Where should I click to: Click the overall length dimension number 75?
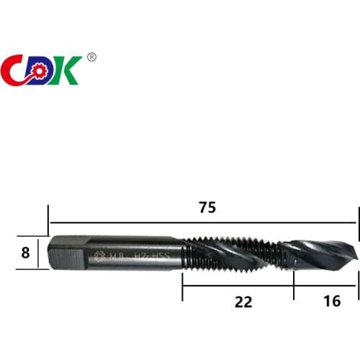click(x=207, y=207)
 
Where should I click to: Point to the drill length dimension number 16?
click(x=332, y=302)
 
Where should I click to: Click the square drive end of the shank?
click(x=63, y=253)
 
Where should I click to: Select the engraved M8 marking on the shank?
click(x=117, y=254)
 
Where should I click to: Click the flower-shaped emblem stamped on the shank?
click(x=99, y=254)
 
